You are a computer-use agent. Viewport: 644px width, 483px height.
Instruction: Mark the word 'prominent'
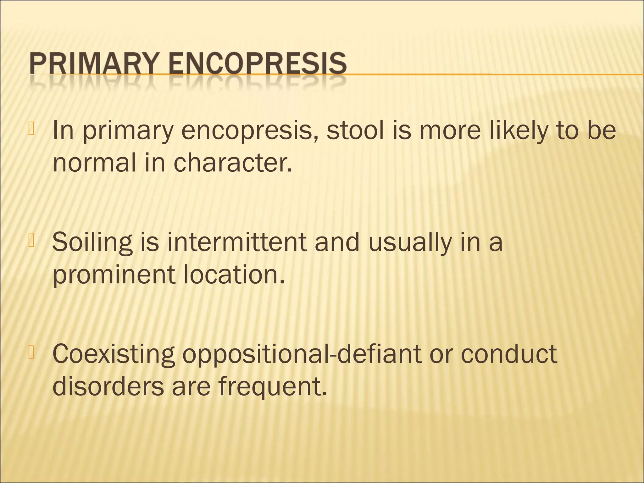[x=114, y=275]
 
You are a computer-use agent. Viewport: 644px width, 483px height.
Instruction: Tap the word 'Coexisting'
[x=114, y=354]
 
